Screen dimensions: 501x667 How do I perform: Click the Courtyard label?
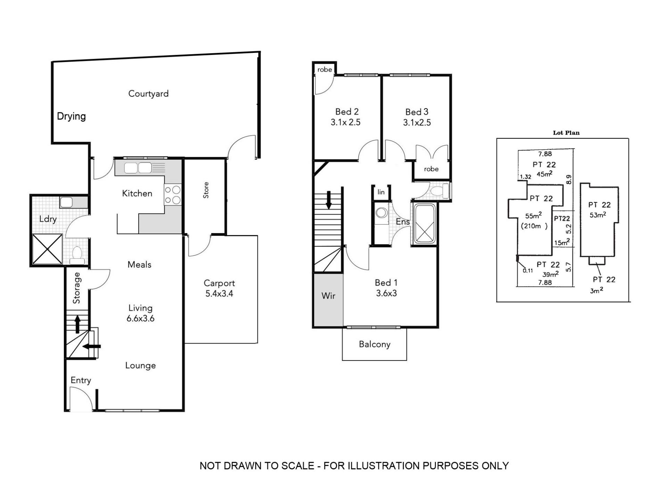tap(148, 94)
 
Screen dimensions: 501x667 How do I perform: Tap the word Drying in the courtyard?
tap(71, 116)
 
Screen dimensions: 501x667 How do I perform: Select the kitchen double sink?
tap(138, 168)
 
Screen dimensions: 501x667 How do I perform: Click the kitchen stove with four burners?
tap(173, 195)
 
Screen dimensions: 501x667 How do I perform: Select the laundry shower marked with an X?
tap(48, 249)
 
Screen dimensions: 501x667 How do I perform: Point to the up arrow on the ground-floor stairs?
tap(77, 324)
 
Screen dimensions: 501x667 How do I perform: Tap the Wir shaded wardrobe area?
tap(328, 299)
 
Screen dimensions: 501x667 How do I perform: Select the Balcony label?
tap(374, 344)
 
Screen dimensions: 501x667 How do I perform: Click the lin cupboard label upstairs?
tap(381, 192)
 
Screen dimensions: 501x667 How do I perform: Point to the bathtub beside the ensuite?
tap(425, 224)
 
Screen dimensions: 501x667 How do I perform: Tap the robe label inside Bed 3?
tap(431, 169)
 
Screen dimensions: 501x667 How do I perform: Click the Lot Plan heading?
tap(566, 133)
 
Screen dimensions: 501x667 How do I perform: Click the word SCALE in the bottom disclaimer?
tap(297, 466)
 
